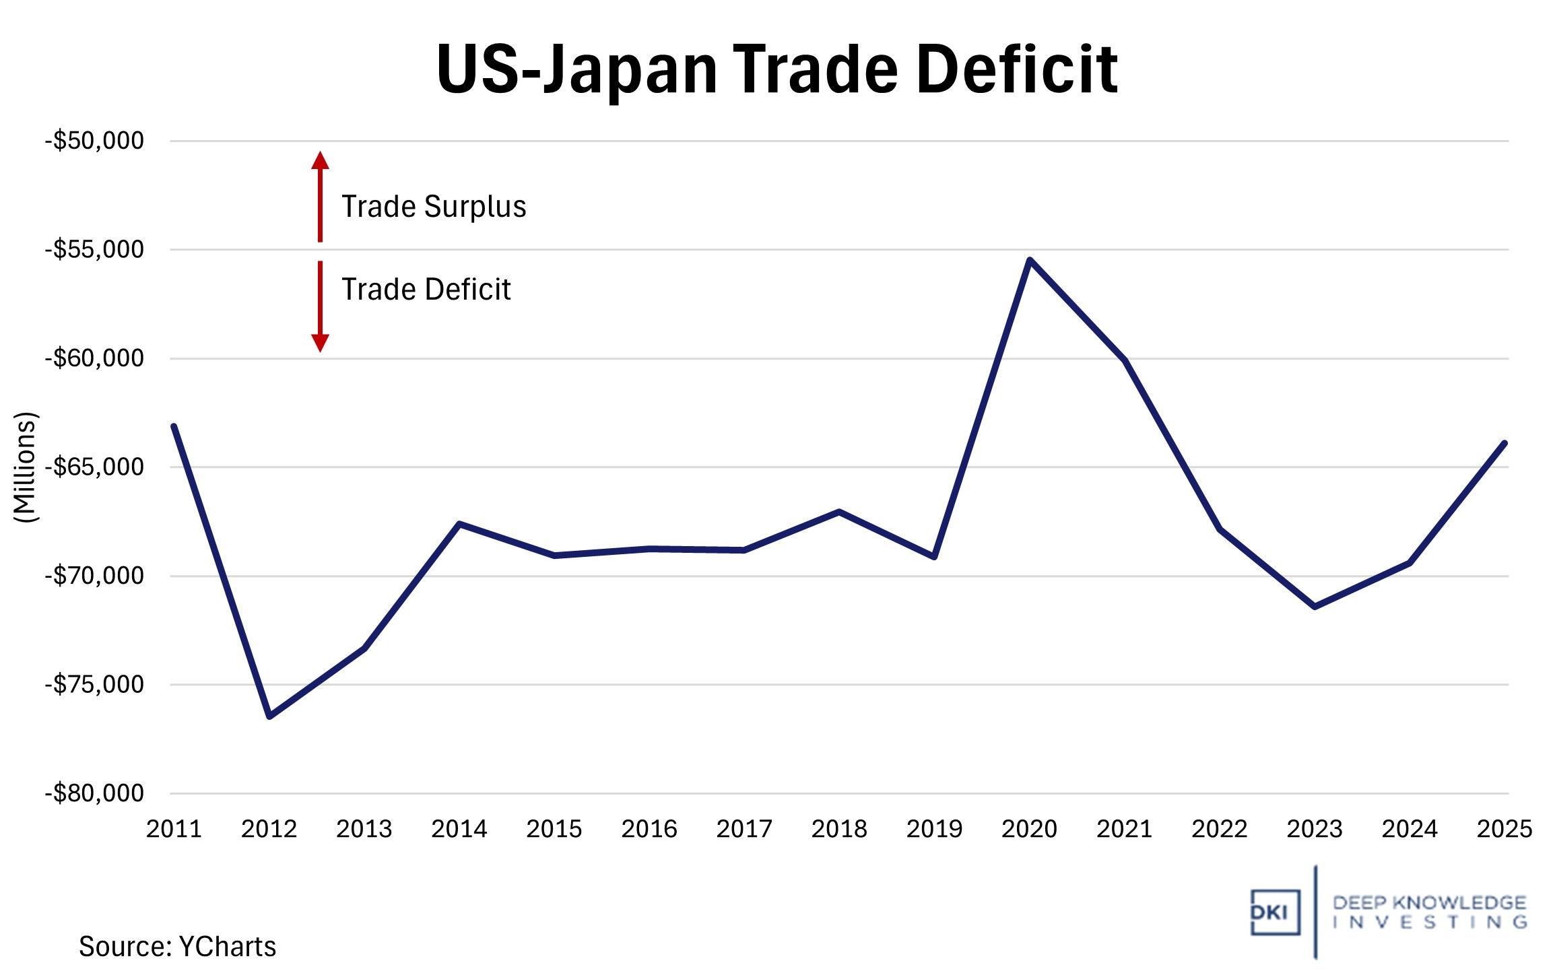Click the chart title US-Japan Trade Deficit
coord(777,69)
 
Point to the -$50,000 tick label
coord(94,141)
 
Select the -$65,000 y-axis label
coord(94,467)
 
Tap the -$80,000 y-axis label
coord(94,793)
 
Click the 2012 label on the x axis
coord(269,829)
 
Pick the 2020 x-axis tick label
coord(1029,829)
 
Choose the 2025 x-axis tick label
coord(1504,829)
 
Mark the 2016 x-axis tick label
coord(649,829)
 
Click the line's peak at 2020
coord(1030,260)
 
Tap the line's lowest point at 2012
coord(269,716)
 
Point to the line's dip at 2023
coord(1315,607)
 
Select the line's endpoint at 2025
coord(1504,443)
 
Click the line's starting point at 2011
coord(174,426)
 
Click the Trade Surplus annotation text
coord(434,207)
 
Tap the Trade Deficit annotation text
coord(426,290)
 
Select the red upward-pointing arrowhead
coord(320,160)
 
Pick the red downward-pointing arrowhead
coord(320,343)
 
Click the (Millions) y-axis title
coord(25,467)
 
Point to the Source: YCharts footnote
coord(177,947)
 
